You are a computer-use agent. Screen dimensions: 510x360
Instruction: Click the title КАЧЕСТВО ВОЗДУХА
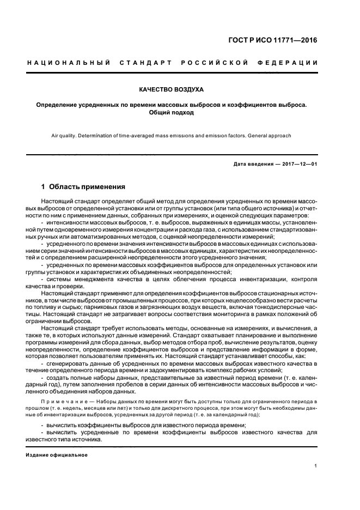(x=172, y=89)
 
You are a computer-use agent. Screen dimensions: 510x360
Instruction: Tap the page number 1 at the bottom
(x=316, y=466)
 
